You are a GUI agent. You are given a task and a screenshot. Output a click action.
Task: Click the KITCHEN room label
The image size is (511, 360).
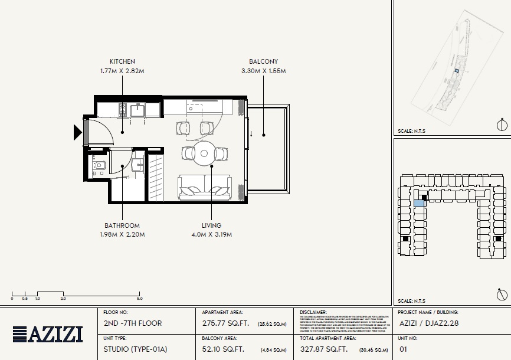[x=122, y=61]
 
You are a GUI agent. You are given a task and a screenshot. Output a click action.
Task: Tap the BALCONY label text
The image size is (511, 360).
[x=263, y=61]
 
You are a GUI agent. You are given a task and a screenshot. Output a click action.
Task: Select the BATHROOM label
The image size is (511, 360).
[x=122, y=225]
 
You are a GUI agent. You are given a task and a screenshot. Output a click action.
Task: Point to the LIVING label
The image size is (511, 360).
[x=211, y=225]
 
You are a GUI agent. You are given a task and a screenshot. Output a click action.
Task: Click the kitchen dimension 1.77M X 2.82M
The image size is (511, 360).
[x=122, y=71]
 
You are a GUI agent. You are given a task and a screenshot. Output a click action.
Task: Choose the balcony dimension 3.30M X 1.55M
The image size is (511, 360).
[x=263, y=71]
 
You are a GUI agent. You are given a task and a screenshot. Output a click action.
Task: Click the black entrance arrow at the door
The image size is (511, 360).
[x=77, y=132]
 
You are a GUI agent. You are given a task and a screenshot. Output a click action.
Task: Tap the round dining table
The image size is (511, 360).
[x=204, y=153]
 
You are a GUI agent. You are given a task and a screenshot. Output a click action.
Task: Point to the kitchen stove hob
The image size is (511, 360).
[x=124, y=109]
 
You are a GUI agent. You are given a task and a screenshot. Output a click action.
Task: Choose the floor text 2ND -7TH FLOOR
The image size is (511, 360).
[x=132, y=323]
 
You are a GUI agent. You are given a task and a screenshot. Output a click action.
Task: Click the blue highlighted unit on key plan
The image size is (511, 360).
[x=418, y=204]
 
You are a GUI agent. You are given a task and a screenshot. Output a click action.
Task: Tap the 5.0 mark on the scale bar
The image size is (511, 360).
[x=140, y=299]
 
